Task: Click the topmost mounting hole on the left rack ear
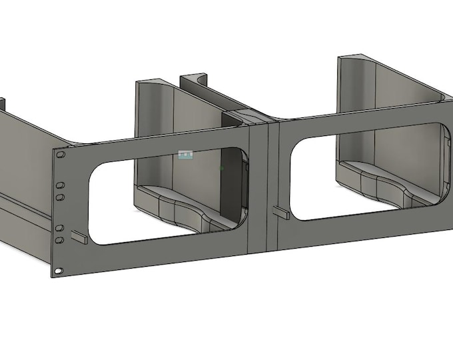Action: (61, 155)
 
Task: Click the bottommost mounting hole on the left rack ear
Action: (59, 271)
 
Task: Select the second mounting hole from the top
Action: (60, 184)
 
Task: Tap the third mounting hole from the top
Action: (60, 197)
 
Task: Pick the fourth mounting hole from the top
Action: (59, 228)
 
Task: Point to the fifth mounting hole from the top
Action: (59, 239)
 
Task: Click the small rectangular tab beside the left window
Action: (79, 237)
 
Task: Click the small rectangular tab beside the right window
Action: (280, 213)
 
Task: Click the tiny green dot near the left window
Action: (222, 167)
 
